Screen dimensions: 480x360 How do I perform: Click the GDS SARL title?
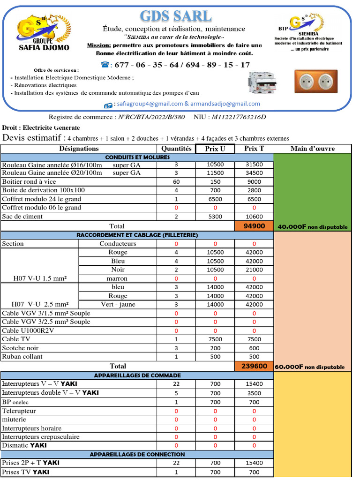tap(176, 16)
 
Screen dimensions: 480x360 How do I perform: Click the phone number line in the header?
tap(176, 65)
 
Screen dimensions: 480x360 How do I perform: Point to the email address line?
tap(181, 104)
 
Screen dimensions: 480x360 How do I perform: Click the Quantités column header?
tap(176, 149)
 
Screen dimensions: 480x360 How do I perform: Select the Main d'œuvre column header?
tap(312, 149)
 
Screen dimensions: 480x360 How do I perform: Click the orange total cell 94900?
tap(254, 226)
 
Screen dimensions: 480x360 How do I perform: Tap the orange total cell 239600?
tap(254, 366)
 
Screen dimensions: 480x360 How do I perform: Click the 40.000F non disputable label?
tap(312, 227)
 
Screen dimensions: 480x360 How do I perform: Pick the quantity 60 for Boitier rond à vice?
tap(176, 182)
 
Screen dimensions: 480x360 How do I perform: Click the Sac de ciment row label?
tap(22, 217)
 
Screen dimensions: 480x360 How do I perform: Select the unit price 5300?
tap(215, 217)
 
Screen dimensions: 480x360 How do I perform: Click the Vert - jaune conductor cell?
tap(118, 304)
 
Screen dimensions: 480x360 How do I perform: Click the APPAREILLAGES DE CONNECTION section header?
tap(137, 454)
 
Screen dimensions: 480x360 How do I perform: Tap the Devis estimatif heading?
tap(34, 138)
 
